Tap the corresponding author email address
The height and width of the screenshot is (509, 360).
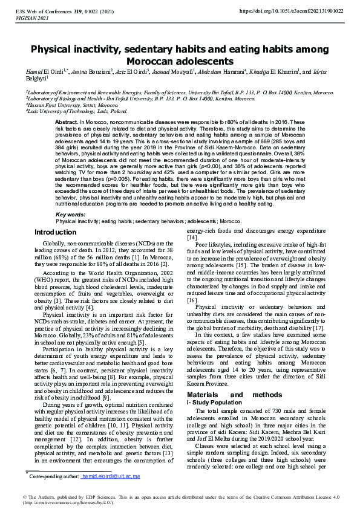pos(111,476)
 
